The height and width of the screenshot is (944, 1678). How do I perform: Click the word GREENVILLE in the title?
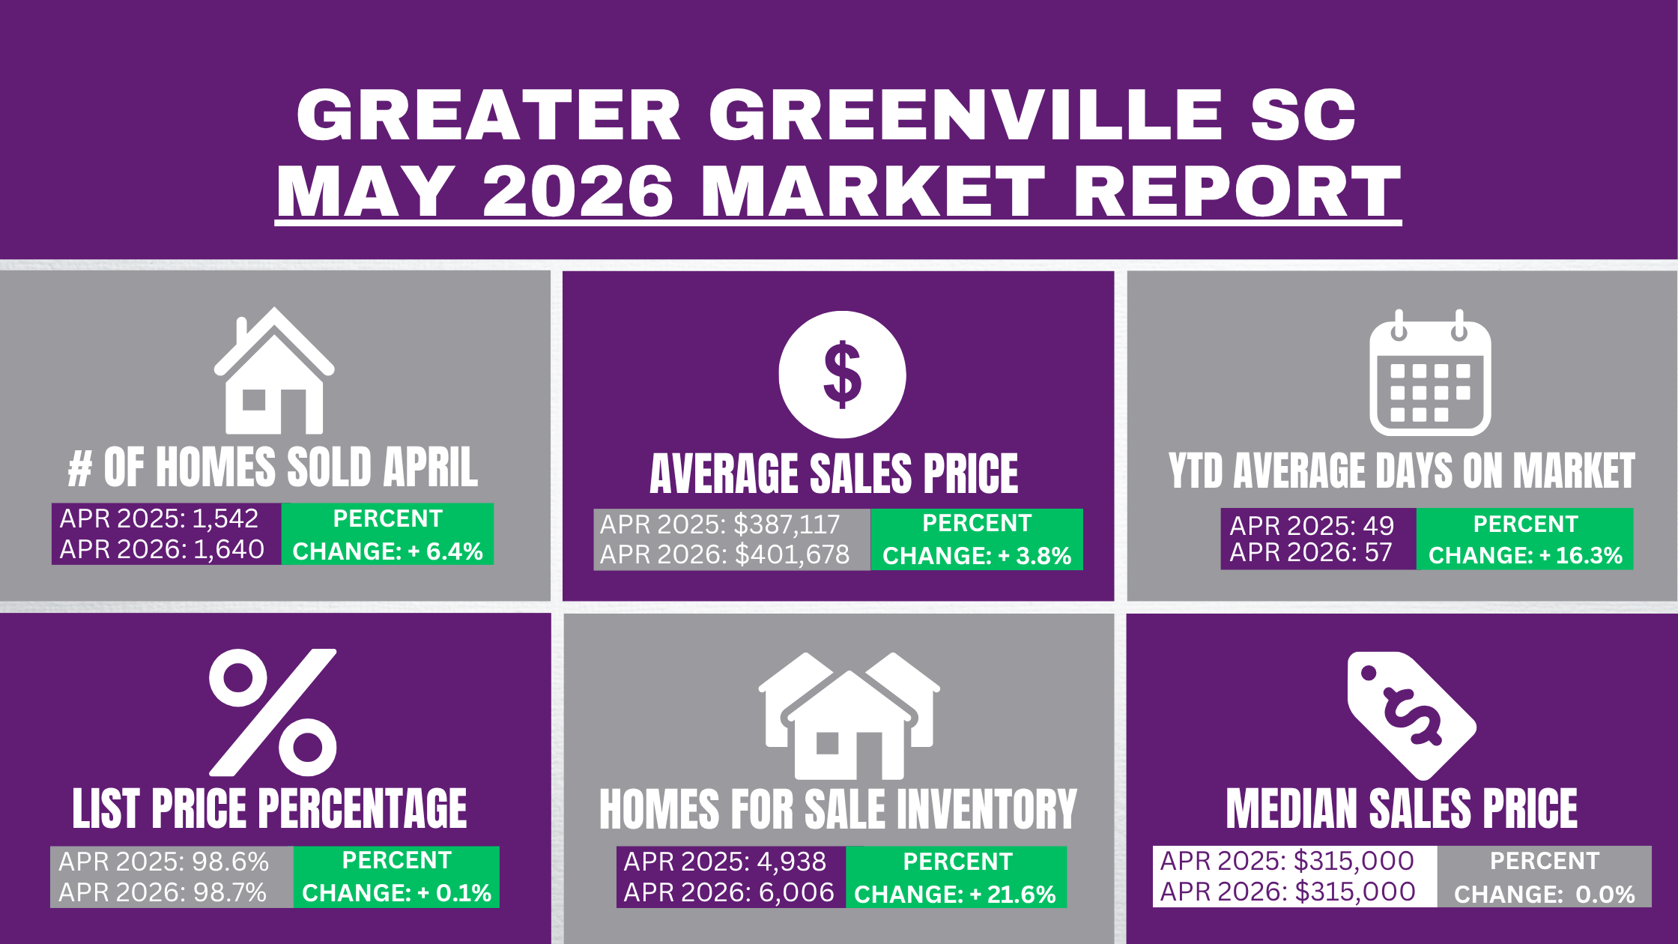point(966,115)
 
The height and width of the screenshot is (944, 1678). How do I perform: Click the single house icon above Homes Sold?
point(274,370)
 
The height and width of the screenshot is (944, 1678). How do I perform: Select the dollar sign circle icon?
point(842,374)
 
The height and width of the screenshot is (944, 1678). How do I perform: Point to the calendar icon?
point(1430,372)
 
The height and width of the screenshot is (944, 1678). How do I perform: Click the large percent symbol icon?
point(273,712)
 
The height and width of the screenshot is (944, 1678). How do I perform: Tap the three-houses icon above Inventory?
point(849,715)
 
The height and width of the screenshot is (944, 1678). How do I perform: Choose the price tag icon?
point(1411,715)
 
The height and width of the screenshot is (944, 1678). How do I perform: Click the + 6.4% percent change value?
point(446,551)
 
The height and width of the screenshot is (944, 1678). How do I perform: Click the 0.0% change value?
point(1605,895)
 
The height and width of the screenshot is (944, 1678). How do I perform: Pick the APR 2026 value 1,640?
point(228,550)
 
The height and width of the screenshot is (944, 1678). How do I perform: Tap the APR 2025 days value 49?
point(1379,526)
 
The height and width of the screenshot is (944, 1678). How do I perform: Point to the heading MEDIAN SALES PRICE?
point(1402,809)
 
